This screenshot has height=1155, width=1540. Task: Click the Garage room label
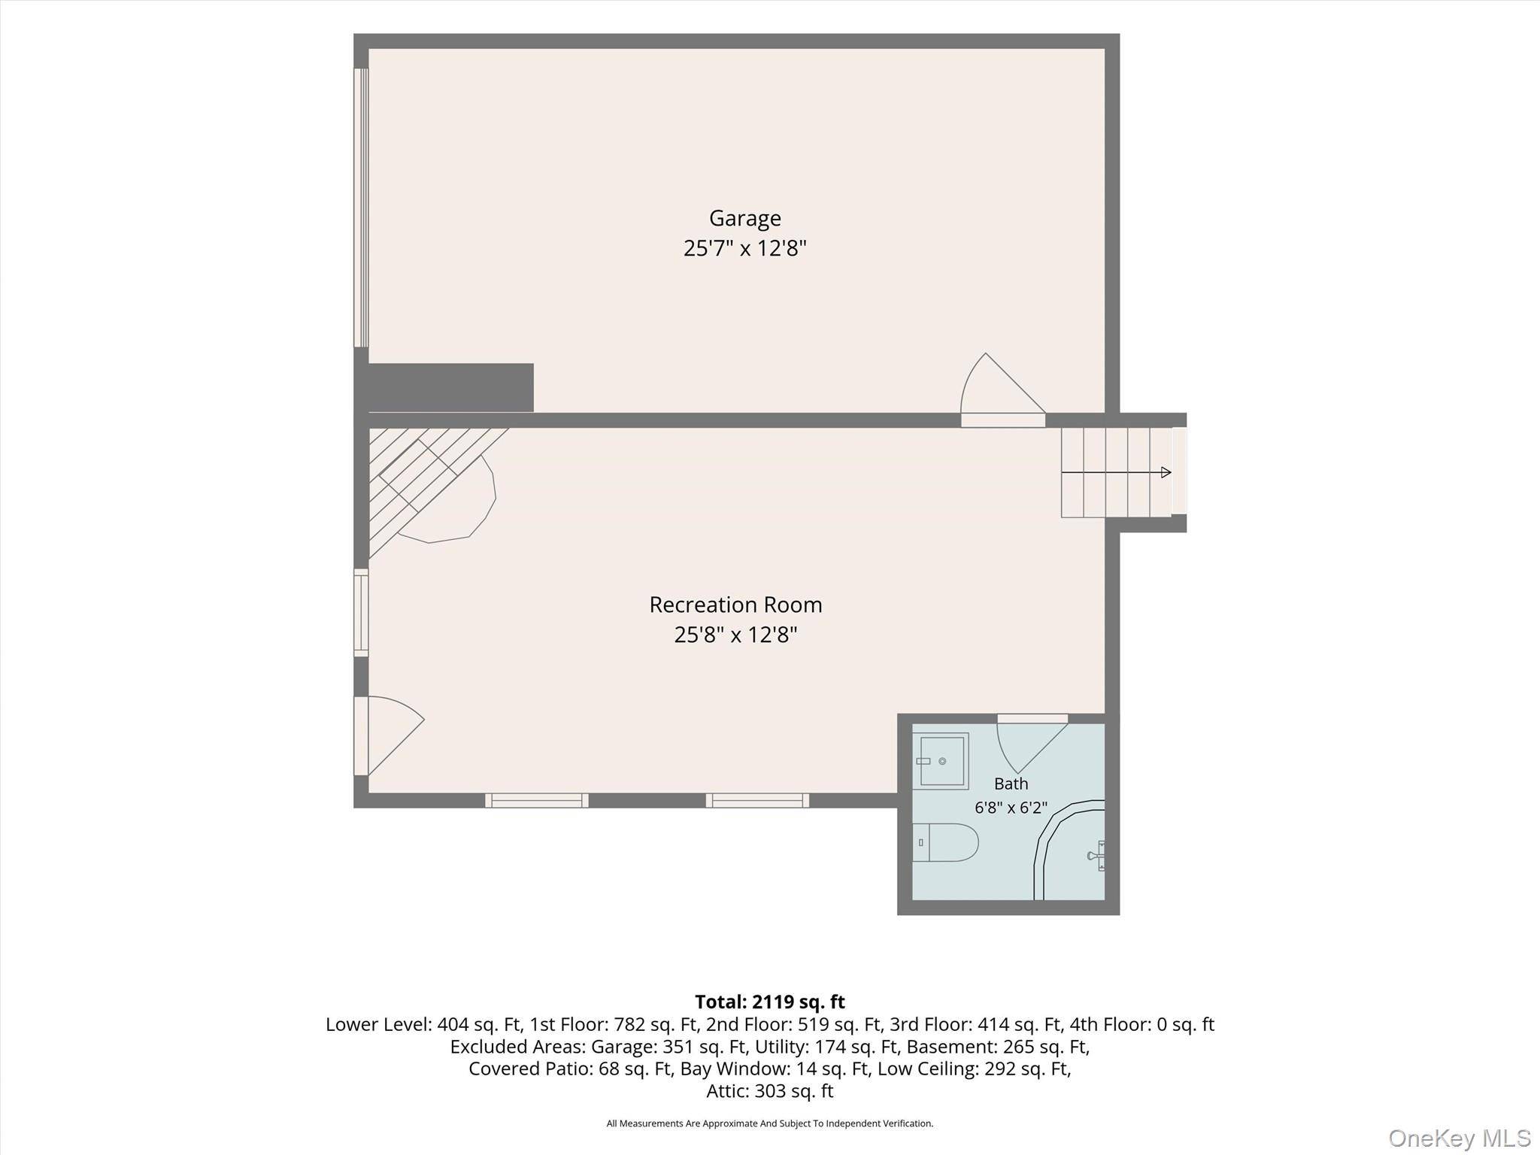click(x=745, y=219)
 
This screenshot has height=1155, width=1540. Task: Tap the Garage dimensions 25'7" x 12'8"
click(x=744, y=248)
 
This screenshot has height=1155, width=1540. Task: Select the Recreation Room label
click(x=735, y=605)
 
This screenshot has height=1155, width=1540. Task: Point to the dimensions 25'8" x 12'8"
click(x=735, y=635)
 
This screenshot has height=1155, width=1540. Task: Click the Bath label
click(x=1011, y=784)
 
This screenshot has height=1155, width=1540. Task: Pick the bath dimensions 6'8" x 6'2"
click(x=1011, y=808)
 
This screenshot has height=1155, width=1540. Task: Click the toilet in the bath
click(x=945, y=842)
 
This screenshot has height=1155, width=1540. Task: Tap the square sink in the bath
click(x=941, y=761)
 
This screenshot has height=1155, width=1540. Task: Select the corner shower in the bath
click(x=1069, y=850)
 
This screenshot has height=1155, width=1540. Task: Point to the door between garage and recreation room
click(x=1003, y=391)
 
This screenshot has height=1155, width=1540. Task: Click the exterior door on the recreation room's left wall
click(x=388, y=735)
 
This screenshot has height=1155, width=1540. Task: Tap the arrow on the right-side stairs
click(x=1116, y=472)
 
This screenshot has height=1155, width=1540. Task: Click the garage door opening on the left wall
click(x=361, y=208)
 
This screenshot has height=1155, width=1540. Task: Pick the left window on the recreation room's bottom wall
click(x=536, y=800)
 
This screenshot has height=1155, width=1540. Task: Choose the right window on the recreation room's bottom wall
click(x=757, y=800)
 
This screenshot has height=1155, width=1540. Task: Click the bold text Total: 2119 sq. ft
click(x=769, y=1002)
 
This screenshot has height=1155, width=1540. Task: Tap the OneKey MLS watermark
click(x=1459, y=1138)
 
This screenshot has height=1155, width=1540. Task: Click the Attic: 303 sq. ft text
click(x=769, y=1091)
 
